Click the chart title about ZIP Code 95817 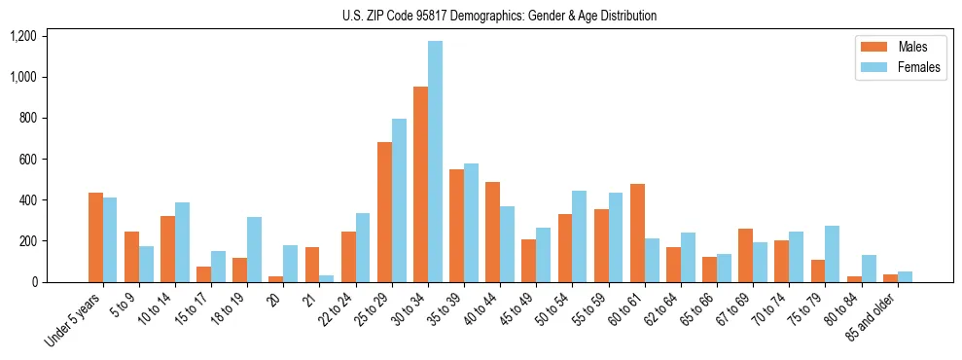pyautogui.click(x=499, y=16)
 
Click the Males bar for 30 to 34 pyautogui.click(x=420, y=185)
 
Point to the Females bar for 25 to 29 pyautogui.click(x=399, y=200)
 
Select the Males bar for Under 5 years pyautogui.click(x=95, y=237)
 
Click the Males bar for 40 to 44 pyautogui.click(x=492, y=233)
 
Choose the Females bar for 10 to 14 pyautogui.click(x=182, y=242)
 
